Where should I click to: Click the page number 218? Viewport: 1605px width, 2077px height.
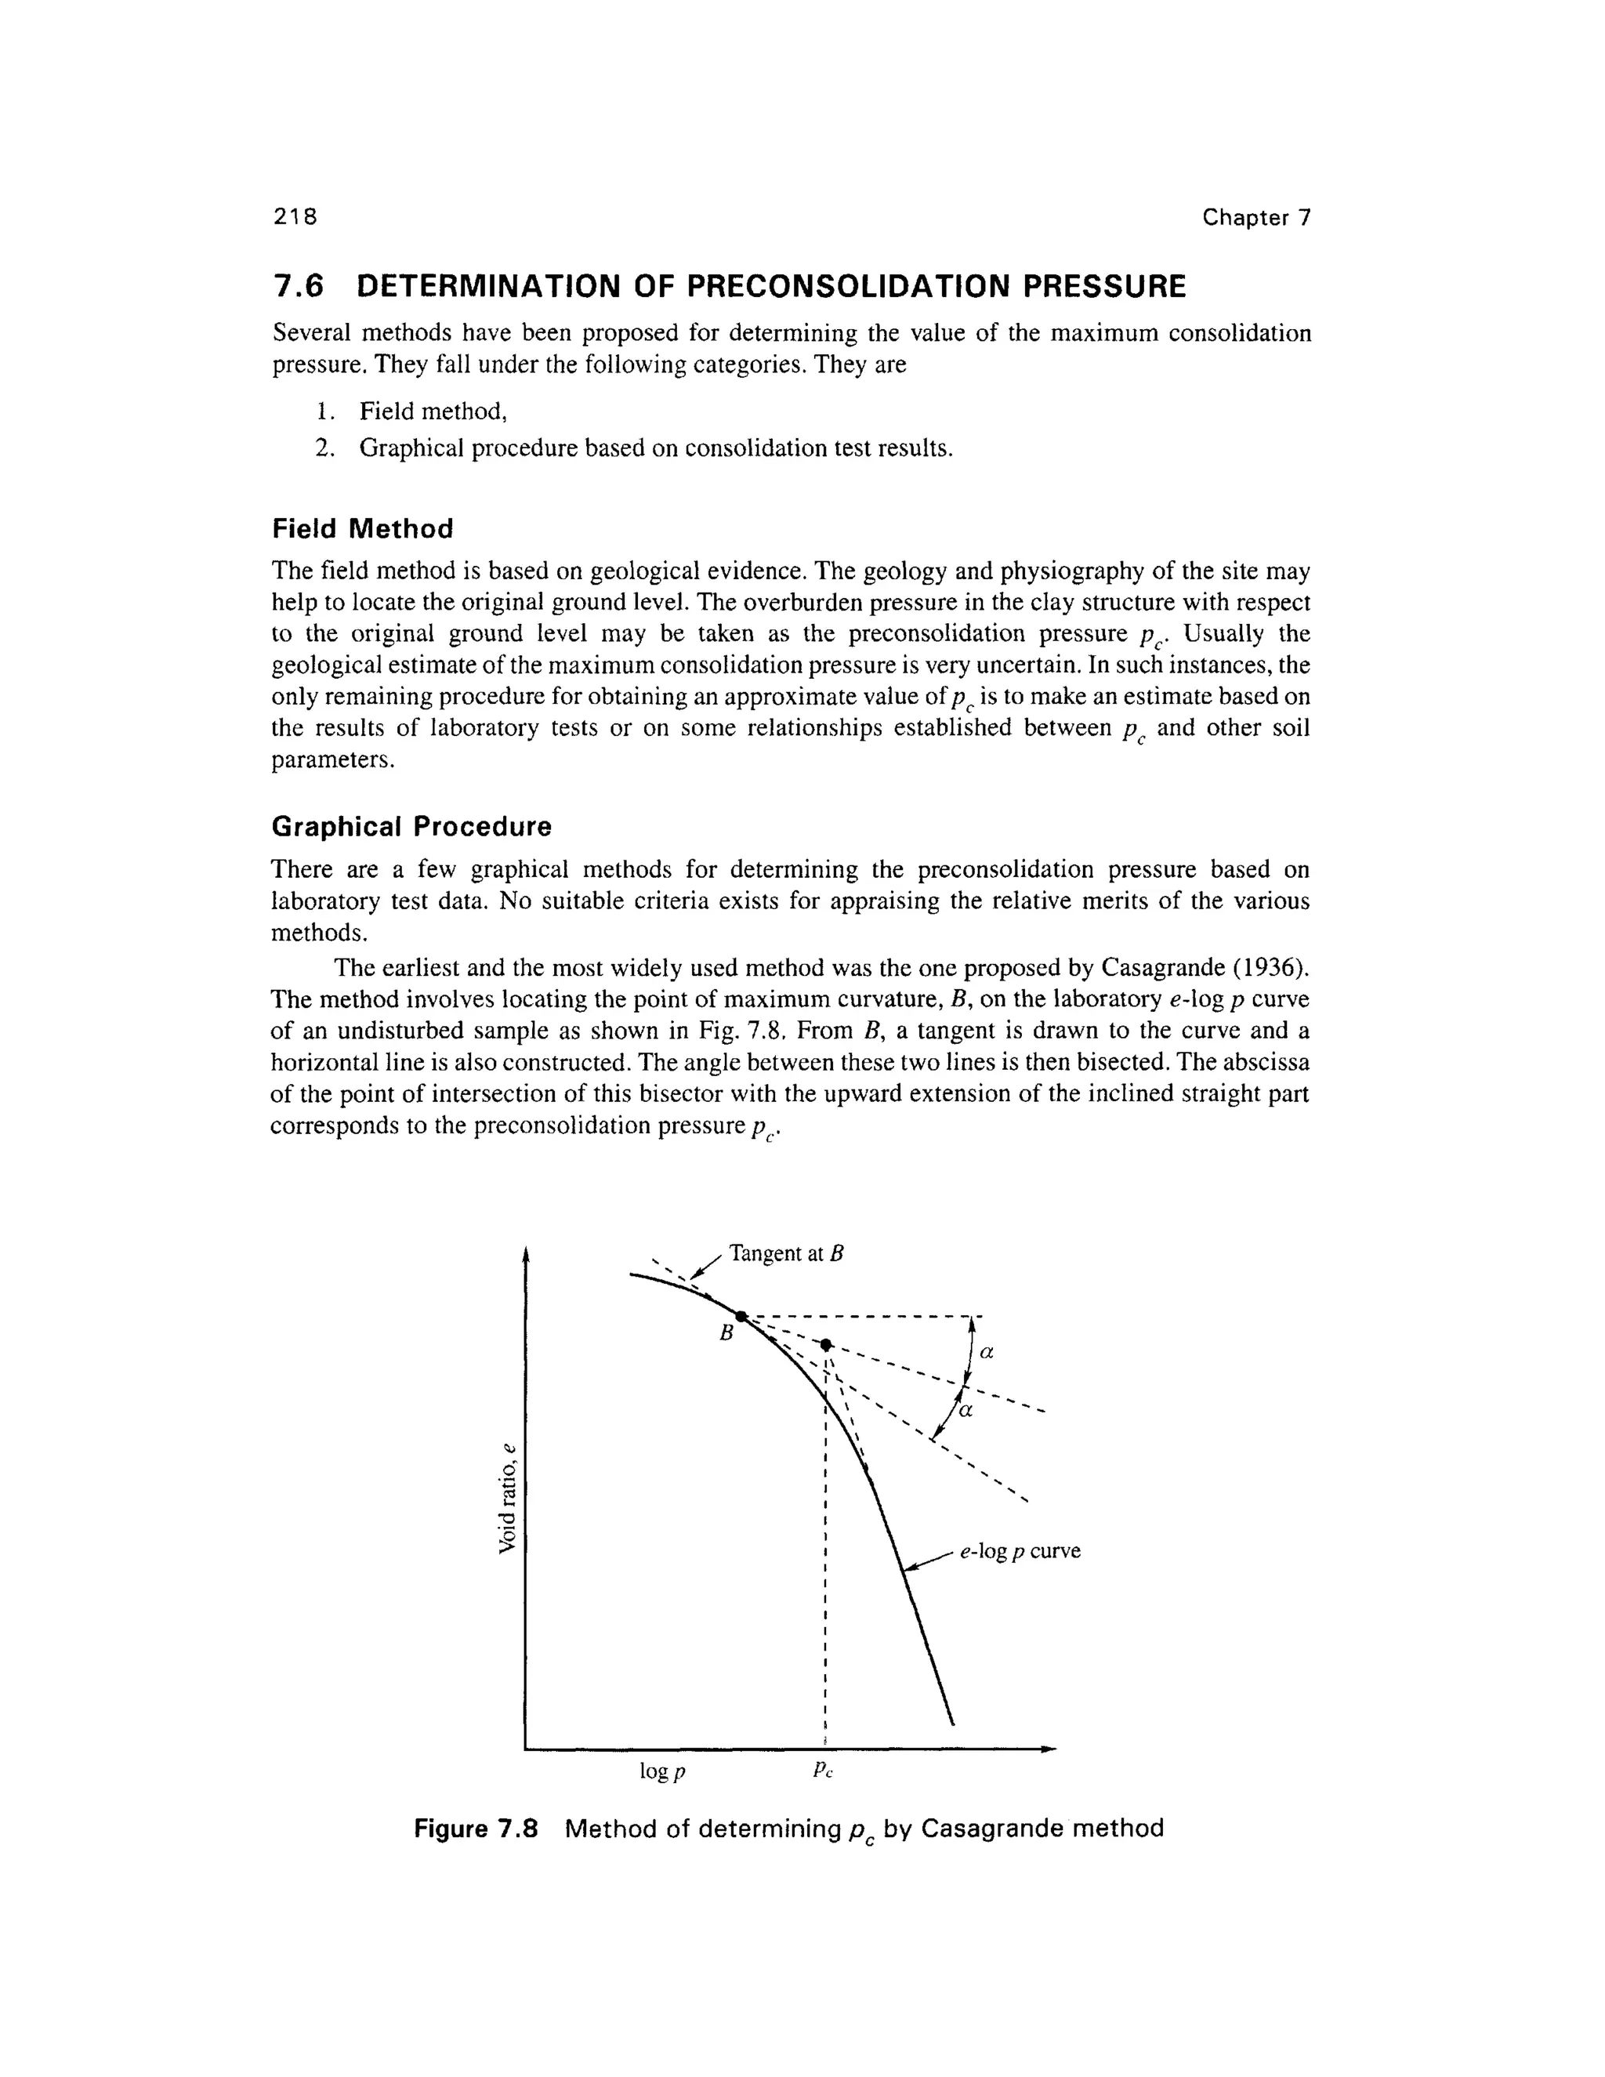tap(294, 217)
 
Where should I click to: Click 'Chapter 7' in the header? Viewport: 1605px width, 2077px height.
tap(1256, 218)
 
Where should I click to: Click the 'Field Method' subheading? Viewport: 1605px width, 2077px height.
tap(362, 529)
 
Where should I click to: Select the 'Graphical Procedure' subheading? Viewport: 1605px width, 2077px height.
tap(411, 826)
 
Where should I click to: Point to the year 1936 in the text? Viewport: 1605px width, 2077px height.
tap(1266, 968)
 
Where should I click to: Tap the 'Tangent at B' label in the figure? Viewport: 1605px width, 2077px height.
tap(786, 1253)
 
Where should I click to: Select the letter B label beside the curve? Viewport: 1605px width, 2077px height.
tap(726, 1333)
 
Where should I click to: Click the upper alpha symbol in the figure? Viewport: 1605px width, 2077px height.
tap(986, 1351)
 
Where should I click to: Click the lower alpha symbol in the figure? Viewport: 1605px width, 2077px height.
tap(965, 1412)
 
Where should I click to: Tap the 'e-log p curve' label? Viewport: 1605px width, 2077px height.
tap(1020, 1551)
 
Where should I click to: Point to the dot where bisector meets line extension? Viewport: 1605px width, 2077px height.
tap(826, 1343)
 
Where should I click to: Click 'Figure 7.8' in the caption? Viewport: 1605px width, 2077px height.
tap(476, 1829)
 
